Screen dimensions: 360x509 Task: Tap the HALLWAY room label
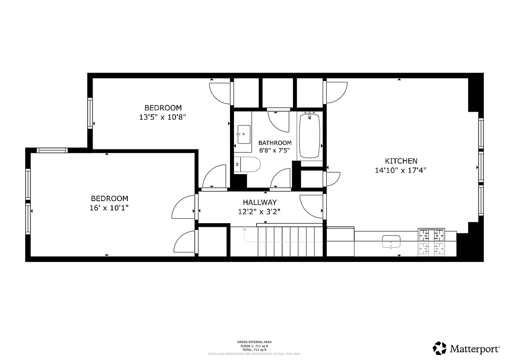[x=260, y=202]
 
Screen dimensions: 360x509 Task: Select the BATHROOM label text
[x=275, y=143]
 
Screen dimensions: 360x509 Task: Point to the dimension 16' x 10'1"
[x=109, y=208]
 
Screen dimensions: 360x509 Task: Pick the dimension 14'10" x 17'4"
[x=400, y=171]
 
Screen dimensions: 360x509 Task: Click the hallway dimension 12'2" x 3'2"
[x=260, y=211]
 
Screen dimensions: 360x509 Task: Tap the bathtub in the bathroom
[x=309, y=135]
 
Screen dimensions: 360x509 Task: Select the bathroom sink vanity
[x=244, y=134]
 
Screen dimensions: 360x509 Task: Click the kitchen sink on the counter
[x=391, y=242]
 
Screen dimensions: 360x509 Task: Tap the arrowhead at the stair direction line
[x=244, y=229]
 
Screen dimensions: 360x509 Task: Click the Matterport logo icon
[x=439, y=348]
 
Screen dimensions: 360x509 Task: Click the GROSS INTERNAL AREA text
[x=254, y=342]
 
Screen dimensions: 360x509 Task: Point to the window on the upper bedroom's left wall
[x=90, y=113]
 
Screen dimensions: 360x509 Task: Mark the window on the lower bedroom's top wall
[x=52, y=150]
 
